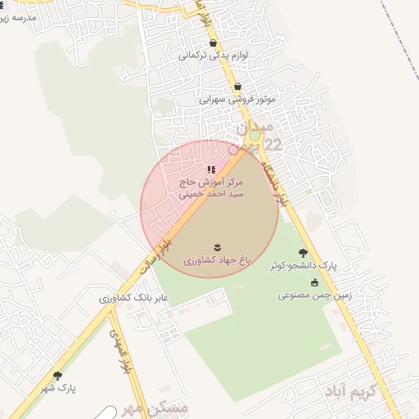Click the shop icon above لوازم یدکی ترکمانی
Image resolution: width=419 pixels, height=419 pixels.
click(214, 43)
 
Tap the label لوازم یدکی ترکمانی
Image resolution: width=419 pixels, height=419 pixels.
click(212, 56)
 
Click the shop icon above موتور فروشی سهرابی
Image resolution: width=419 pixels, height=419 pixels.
click(238, 86)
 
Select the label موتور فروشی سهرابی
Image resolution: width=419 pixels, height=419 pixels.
click(238, 99)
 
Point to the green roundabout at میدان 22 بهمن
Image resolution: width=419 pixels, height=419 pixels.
click(255, 135)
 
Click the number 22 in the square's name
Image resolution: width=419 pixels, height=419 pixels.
click(272, 145)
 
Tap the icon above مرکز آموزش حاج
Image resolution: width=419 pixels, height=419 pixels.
click(211, 170)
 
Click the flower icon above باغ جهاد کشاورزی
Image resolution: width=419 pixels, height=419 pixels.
click(218, 246)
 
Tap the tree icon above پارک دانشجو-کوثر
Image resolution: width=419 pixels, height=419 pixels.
click(304, 254)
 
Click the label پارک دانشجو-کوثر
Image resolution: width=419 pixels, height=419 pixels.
click(304, 267)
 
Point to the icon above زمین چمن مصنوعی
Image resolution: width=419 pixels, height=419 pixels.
click(314, 282)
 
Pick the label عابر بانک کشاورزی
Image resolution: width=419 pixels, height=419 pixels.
click(133, 298)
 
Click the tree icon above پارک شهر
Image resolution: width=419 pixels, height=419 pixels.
click(57, 376)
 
